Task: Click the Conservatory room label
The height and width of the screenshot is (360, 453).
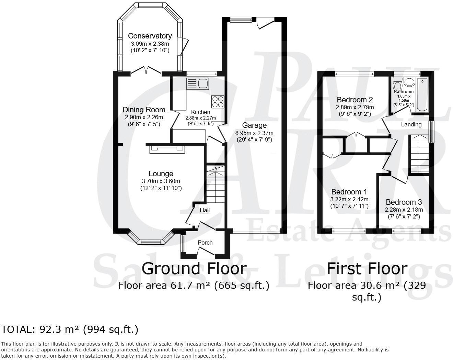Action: (150, 36)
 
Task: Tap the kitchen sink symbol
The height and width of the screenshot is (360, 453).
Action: (198, 83)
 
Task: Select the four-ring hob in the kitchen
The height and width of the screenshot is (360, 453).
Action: (218, 102)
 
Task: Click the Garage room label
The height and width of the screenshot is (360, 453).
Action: (254, 125)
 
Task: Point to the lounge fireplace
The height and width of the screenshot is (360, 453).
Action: (167, 149)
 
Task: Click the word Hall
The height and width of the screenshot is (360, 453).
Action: (205, 210)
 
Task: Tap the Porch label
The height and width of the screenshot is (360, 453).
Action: (205, 243)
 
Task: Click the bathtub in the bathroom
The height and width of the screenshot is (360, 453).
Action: (422, 94)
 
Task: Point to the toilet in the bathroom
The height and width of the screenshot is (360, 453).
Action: (398, 84)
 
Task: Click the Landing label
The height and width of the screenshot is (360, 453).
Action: (411, 124)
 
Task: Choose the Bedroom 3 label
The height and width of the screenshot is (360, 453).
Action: (404, 202)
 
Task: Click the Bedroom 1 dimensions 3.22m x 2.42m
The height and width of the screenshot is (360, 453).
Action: (349, 199)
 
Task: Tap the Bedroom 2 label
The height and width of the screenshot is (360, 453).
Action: (355, 100)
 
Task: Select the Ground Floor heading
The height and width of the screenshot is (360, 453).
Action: (194, 268)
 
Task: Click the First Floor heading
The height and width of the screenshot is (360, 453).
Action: (367, 268)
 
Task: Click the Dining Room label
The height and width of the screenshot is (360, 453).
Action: (144, 110)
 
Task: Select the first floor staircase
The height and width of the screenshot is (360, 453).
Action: (419, 154)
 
